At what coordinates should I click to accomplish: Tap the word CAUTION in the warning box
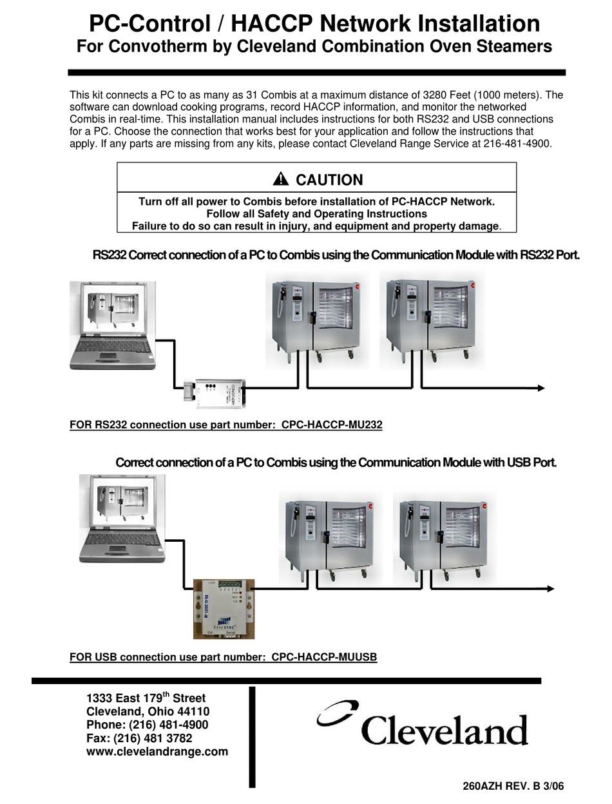point(329,180)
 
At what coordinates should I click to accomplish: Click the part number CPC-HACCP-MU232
point(332,425)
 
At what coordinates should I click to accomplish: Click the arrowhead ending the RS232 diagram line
point(540,388)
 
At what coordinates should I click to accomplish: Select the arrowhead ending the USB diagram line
point(550,588)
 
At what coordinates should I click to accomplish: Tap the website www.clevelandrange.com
point(157,751)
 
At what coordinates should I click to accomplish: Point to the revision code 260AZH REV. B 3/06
point(517,786)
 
